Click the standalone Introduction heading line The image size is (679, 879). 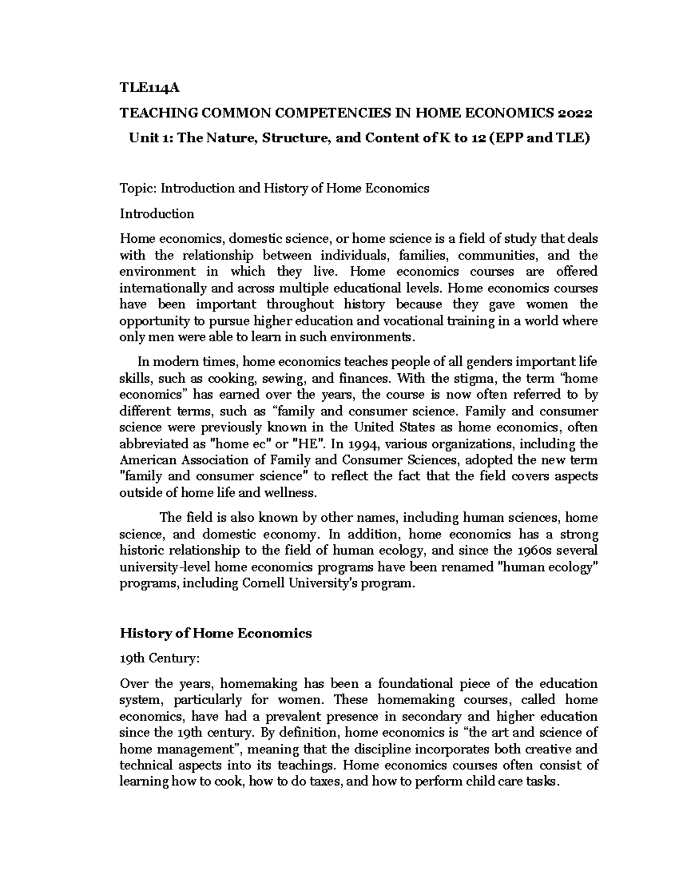tap(157, 214)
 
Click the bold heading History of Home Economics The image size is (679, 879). tap(216, 633)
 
